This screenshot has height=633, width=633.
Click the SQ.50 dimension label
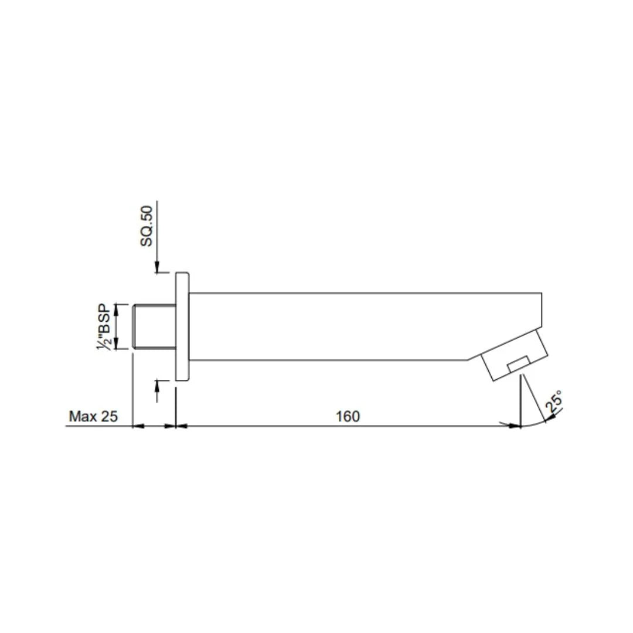pos(146,226)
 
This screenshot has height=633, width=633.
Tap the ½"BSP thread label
pos(104,326)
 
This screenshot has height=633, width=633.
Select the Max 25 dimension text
pos(93,417)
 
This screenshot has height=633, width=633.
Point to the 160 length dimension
pos(348,417)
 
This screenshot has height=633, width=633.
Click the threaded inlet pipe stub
pos(154,326)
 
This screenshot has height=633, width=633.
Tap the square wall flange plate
pos(182,326)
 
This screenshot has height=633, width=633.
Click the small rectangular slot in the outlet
pos(519,365)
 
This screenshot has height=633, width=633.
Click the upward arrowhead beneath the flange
pos(157,384)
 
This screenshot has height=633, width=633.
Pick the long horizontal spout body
pos(352,326)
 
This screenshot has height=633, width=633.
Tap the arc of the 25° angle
pos(536,423)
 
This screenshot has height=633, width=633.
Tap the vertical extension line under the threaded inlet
pos(133,387)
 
